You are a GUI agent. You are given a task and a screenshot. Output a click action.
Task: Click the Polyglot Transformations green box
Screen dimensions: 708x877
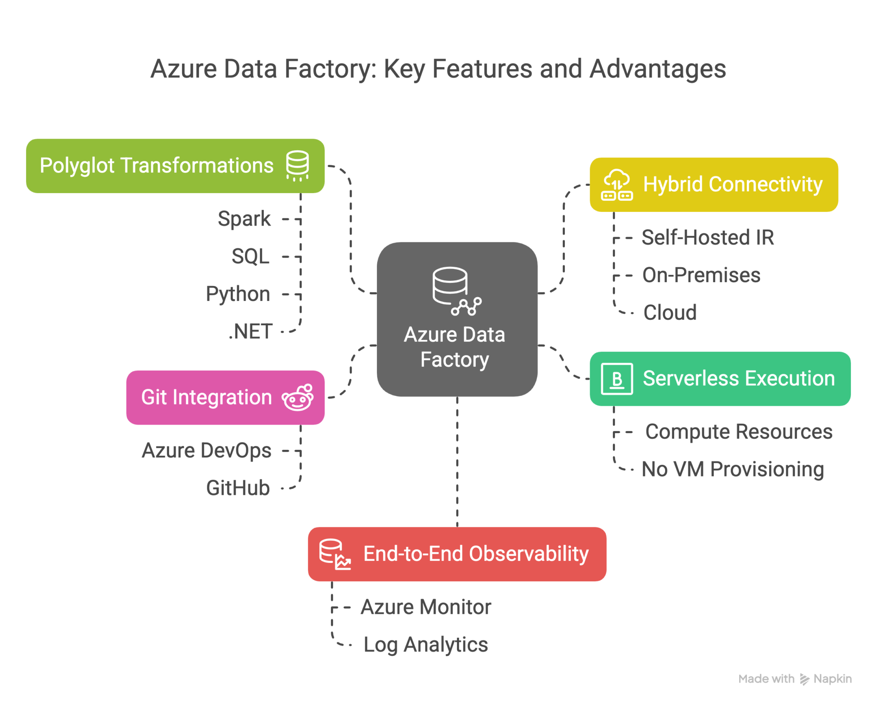(175, 166)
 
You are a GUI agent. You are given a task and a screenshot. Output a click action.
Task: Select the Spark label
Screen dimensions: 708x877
(244, 219)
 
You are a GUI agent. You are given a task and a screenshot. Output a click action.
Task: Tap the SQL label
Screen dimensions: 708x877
(251, 256)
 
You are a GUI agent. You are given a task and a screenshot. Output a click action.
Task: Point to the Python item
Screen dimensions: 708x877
(238, 294)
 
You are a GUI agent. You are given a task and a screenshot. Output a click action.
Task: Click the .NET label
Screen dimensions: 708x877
(251, 331)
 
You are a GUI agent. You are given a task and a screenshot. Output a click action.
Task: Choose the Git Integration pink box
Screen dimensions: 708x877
(225, 397)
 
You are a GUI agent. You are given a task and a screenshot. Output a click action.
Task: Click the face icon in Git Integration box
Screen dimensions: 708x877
(298, 398)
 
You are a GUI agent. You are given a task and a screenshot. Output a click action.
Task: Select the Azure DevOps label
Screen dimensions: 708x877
(206, 450)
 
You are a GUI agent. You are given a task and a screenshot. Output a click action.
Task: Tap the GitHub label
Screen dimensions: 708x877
(238, 488)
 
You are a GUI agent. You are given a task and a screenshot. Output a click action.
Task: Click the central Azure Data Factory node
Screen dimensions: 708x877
(456, 319)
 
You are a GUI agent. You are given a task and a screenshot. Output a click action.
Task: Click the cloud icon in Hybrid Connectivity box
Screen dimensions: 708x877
(617, 184)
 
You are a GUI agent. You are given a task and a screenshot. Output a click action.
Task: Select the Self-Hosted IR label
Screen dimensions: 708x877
(707, 238)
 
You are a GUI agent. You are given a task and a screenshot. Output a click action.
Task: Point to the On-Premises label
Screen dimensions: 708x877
(701, 275)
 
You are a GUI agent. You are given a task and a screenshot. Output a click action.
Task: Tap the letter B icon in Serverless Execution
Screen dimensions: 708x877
(617, 379)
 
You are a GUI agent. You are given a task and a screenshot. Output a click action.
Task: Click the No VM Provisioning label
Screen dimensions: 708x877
(732, 469)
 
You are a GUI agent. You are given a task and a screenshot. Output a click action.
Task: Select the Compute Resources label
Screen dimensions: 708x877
(739, 431)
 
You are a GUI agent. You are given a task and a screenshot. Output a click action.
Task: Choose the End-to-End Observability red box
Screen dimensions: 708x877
(457, 554)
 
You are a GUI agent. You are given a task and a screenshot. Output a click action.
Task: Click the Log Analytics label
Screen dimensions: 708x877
(425, 645)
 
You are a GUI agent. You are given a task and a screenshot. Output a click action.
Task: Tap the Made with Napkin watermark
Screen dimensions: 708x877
(795, 679)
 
